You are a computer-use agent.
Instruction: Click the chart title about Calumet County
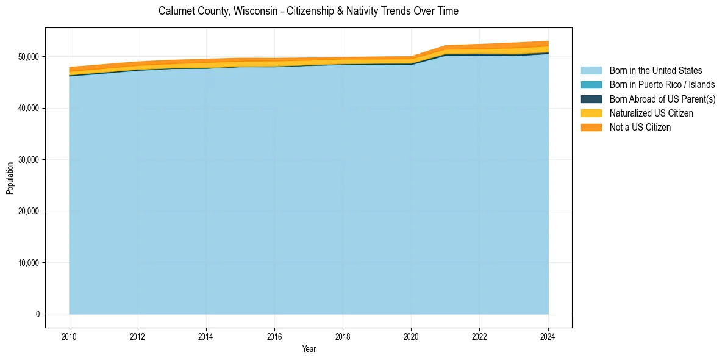click(308, 11)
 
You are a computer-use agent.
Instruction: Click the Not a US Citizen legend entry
click(640, 127)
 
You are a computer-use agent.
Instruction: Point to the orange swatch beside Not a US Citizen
click(591, 127)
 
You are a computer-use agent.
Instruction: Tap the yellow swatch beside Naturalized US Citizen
click(591, 113)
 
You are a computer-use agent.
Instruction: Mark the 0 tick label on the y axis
click(37, 314)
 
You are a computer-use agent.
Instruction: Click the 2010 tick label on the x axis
click(70, 336)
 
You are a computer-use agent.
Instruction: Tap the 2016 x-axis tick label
click(274, 336)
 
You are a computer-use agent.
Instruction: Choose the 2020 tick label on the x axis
click(412, 336)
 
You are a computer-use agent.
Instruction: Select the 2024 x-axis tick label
click(548, 336)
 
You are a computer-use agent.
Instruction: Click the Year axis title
click(309, 349)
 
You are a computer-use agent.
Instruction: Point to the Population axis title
click(10, 178)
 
